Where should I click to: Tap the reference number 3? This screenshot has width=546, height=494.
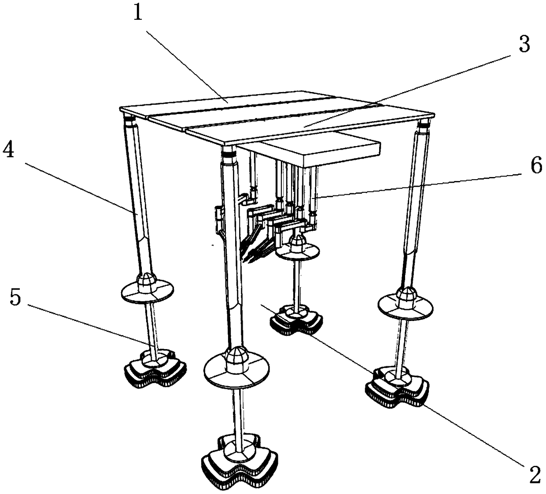tap(524, 45)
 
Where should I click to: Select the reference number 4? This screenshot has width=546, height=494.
tap(9, 151)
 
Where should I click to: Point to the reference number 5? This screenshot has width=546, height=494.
tap(15, 298)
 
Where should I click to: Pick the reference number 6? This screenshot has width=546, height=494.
tap(535, 168)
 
